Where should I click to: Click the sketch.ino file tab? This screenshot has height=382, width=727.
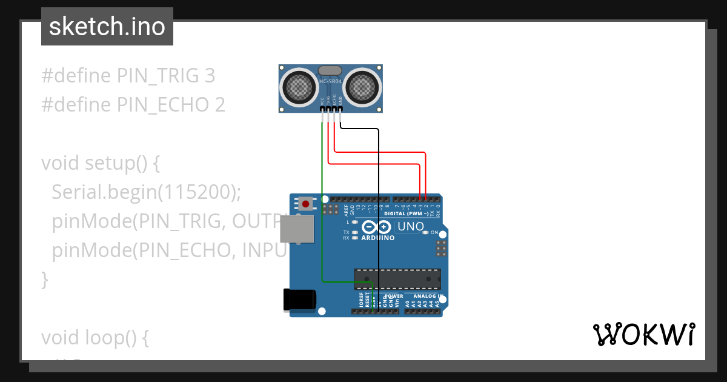[x=107, y=27]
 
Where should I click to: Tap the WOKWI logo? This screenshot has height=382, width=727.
[x=643, y=335]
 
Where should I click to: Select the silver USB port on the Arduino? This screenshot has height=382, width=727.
[x=297, y=229]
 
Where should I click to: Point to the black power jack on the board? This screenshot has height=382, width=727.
[x=300, y=300]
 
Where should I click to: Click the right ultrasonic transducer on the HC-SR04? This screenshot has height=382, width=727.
[x=362, y=86]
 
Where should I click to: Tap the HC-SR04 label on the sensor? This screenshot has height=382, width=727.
[x=330, y=81]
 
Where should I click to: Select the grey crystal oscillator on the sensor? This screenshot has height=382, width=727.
[x=330, y=71]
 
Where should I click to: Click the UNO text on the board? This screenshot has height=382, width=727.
[x=410, y=227]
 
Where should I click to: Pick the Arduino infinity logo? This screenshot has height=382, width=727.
[x=376, y=228]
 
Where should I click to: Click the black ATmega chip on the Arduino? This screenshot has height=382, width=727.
[x=397, y=279]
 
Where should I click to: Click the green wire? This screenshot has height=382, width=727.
[x=322, y=212]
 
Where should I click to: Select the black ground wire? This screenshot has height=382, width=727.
[x=379, y=212]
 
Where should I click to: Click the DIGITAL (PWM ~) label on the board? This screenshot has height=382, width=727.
[x=407, y=214]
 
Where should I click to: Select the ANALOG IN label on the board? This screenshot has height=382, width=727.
[x=428, y=297]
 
